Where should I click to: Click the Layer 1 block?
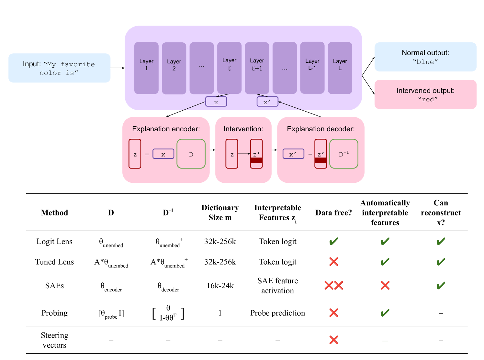[x=146, y=68]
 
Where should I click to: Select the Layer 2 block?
[x=174, y=68]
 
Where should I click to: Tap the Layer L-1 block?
[x=312, y=68]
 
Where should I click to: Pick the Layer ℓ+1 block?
[x=257, y=68]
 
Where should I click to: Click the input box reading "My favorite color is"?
[x=59, y=68]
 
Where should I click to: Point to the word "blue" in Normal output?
[x=425, y=62]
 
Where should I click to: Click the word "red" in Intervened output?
[x=428, y=100]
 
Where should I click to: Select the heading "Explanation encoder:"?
[x=166, y=129]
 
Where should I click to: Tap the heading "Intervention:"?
[x=243, y=129]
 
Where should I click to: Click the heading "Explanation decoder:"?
[x=321, y=129]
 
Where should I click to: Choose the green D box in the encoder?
[x=191, y=154]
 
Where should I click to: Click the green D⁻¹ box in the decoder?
[x=343, y=154]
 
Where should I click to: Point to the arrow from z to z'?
[x=244, y=154]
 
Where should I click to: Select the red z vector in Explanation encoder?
[x=135, y=154]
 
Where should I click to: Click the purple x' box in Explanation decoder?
[x=293, y=154]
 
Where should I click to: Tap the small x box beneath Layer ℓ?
[x=216, y=102]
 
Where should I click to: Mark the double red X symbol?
[x=333, y=286]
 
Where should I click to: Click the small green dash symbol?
[x=385, y=341]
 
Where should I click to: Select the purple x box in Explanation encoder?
[x=163, y=154]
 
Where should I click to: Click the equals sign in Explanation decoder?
[x=310, y=154]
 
